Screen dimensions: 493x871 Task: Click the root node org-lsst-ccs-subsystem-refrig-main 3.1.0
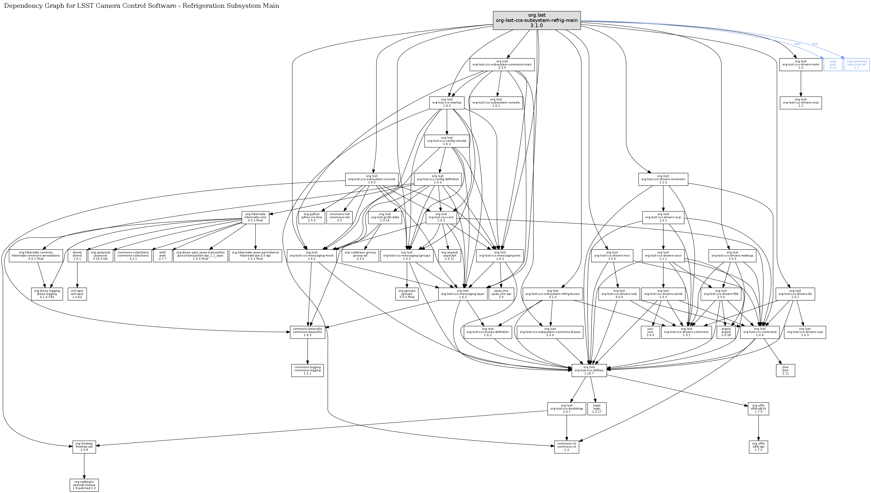(x=537, y=20)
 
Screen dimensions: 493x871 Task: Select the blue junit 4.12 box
(x=833, y=64)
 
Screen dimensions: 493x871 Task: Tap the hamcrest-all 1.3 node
(x=856, y=64)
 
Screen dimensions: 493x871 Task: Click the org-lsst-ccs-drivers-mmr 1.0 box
(x=801, y=64)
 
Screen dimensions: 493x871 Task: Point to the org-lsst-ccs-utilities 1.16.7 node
(x=589, y=370)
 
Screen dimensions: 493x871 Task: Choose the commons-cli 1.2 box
(x=567, y=447)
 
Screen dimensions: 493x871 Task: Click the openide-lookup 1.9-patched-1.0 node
(x=84, y=485)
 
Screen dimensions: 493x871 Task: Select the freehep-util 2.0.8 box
(x=84, y=447)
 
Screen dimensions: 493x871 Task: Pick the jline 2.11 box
(x=785, y=370)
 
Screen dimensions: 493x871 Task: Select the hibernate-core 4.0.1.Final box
(x=256, y=217)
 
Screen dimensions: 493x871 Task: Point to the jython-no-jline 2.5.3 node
(x=312, y=217)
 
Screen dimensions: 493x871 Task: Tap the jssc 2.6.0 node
(x=650, y=332)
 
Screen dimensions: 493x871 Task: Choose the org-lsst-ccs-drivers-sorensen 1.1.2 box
(x=663, y=179)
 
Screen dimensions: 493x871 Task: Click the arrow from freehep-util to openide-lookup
(x=84, y=466)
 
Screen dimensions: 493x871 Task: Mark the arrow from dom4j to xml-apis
(x=77, y=275)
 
